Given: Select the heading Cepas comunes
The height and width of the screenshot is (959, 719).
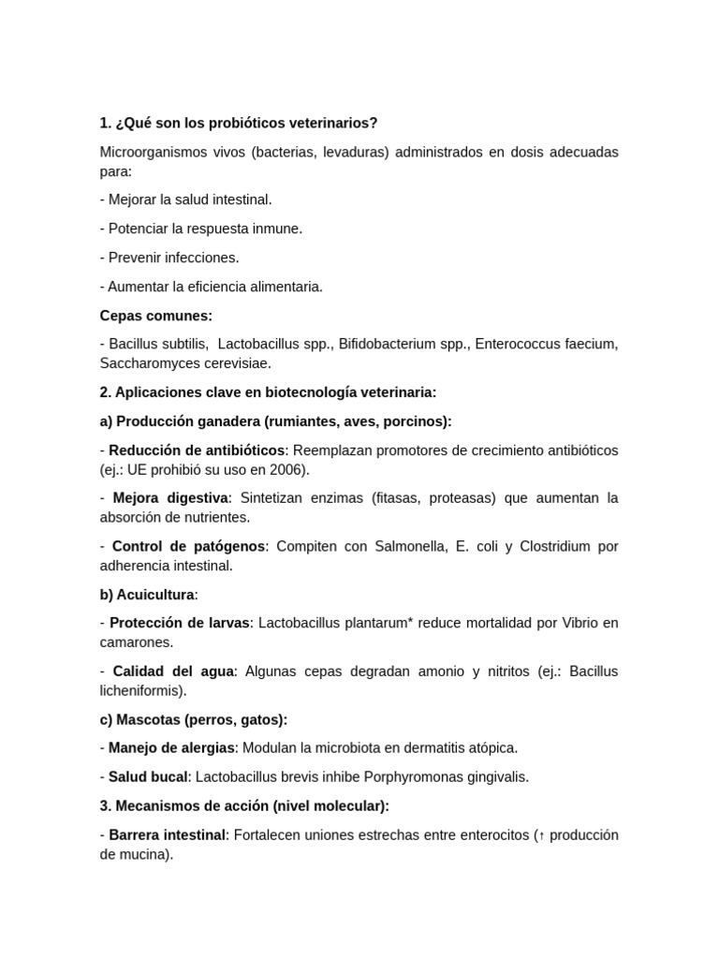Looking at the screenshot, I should [156, 316].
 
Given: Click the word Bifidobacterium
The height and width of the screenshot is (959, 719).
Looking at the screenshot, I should [387, 344].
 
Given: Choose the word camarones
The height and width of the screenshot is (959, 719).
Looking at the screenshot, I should [136, 642].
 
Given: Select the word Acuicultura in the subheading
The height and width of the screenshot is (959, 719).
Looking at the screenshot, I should [155, 595].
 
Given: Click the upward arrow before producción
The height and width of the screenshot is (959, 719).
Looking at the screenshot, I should [541, 835].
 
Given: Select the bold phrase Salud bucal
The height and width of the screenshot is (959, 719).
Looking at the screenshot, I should [148, 776].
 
